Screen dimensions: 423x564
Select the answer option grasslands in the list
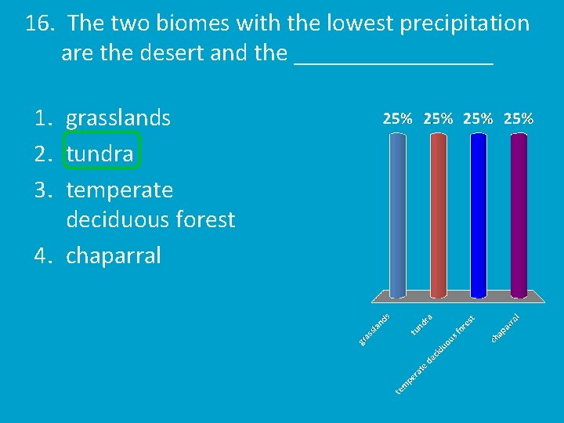pos(118,118)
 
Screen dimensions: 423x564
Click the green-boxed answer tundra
pos(100,154)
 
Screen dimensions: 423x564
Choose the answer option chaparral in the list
pos(114,255)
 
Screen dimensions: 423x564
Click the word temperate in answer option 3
pos(120,190)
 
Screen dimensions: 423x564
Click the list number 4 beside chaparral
pos(42,255)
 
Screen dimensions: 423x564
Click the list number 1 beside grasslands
pos(42,118)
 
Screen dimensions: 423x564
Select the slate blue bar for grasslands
pos(398,215)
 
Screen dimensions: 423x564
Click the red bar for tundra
pos(438,215)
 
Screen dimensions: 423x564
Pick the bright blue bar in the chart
pos(479,215)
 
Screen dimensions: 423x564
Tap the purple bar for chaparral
pos(519,215)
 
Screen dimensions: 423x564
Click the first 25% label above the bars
pos(398,119)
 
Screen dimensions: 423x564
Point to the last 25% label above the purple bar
pos(519,119)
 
